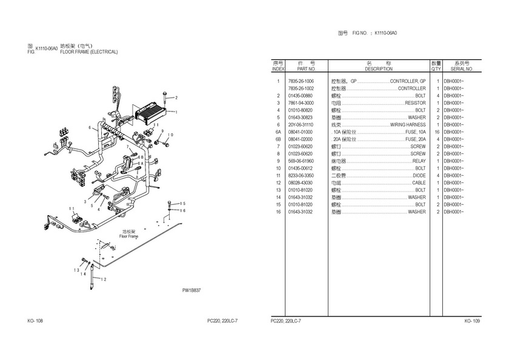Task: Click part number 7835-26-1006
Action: (301, 81)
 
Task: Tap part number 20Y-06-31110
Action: (301, 125)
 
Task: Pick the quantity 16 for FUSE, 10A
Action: (436, 132)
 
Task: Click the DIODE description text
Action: (419, 176)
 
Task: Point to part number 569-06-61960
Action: (301, 161)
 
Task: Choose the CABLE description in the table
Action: (419, 183)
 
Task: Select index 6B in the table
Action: (278, 139)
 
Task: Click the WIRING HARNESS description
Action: (407, 125)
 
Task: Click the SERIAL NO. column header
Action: (461, 69)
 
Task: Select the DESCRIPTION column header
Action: (378, 69)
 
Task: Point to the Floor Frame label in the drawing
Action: (129, 235)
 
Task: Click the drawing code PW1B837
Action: (191, 290)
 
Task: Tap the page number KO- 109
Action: (472, 321)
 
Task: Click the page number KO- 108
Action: (35, 321)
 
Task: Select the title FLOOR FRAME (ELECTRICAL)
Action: (88, 53)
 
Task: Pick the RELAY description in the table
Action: (419, 161)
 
